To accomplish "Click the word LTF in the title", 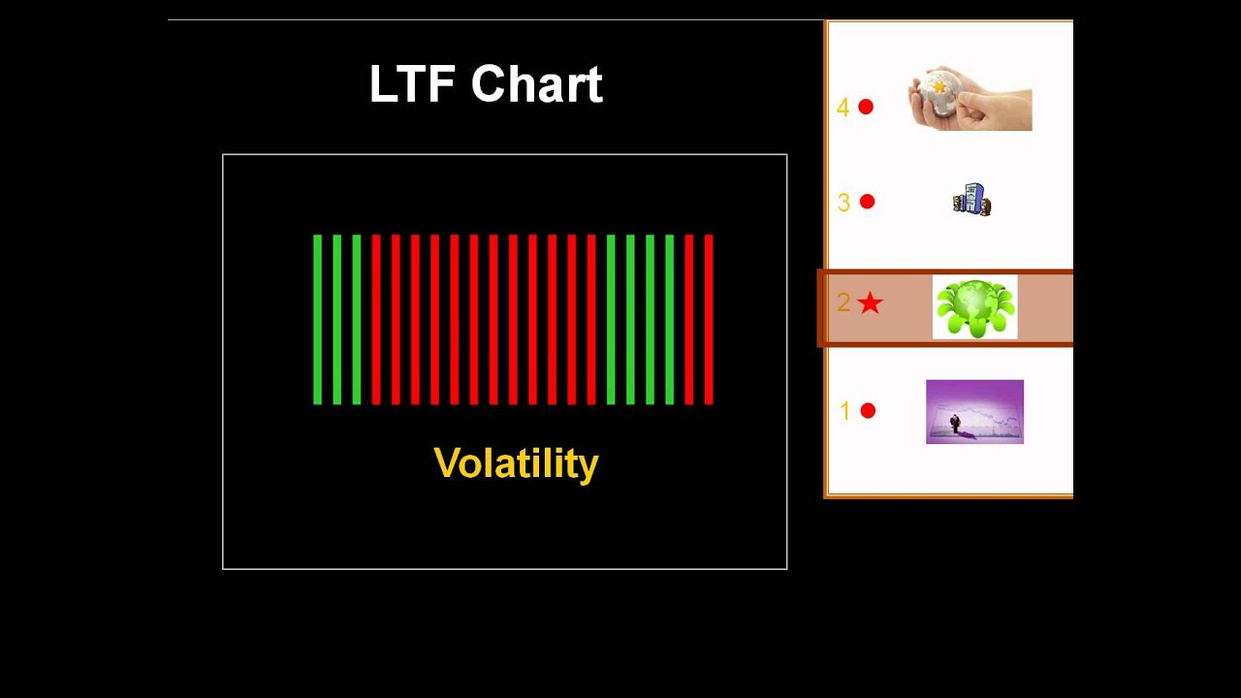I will (413, 84).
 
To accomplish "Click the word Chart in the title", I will (536, 84).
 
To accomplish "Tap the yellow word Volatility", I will (516, 463).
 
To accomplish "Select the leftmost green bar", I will (317, 319).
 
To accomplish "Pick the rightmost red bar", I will (709, 319).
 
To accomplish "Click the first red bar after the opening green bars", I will (376, 319).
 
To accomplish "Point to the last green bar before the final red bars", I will (670, 319).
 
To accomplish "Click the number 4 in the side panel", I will (843, 108).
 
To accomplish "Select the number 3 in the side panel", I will (843, 203).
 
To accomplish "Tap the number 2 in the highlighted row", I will (843, 303).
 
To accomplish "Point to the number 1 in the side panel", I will (844, 412).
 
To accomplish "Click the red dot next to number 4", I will (866, 107).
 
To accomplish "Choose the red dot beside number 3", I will (867, 202).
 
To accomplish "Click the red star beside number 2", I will (871, 303).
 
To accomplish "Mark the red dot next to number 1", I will (868, 411).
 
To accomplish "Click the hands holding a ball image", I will (970, 99).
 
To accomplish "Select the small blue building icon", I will (971, 200).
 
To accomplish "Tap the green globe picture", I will (974, 307).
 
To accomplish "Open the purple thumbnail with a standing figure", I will (974, 412).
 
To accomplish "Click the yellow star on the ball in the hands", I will (939, 87).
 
